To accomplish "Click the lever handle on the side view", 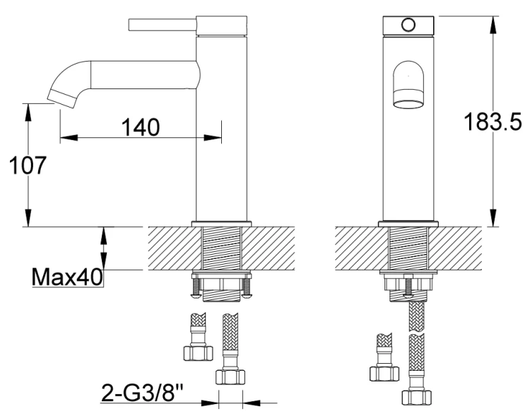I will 161,25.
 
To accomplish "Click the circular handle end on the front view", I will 408,25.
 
